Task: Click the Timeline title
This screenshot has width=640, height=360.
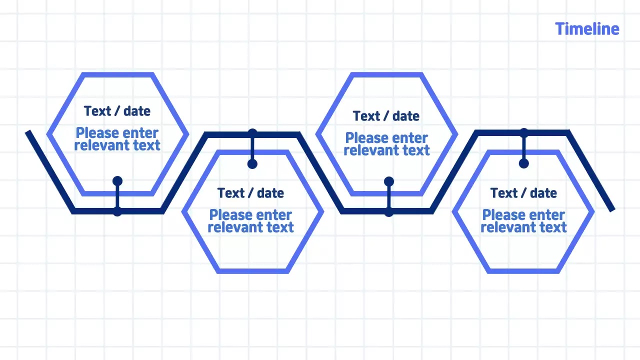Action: pos(587,29)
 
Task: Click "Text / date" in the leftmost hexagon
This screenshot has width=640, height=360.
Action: pos(117,111)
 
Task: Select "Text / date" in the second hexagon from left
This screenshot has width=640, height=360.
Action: pos(250,193)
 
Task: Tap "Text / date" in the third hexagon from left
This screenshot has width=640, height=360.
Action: pos(386,116)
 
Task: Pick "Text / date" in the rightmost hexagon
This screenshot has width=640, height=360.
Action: pos(523,193)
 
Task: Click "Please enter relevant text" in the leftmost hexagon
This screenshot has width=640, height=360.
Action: pos(117,139)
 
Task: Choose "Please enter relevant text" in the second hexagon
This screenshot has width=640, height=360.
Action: pos(250,221)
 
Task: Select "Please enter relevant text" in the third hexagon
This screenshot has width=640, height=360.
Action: pos(386,144)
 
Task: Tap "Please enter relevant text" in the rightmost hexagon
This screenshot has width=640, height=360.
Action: pos(523,221)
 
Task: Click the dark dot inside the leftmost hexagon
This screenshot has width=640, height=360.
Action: pos(117,181)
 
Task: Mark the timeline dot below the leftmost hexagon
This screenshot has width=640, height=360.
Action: pos(117,211)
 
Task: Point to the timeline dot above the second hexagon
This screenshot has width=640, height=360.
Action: pos(252,133)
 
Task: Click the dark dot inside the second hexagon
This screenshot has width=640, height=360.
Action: pos(252,164)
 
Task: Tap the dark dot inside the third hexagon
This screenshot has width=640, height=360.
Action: pos(389,181)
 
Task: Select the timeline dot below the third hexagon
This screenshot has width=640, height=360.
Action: pos(389,212)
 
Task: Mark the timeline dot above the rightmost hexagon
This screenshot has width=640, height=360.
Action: pos(524,133)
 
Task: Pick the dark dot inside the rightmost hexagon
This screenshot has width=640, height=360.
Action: pos(524,163)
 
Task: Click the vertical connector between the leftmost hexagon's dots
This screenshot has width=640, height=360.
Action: pos(117,196)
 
